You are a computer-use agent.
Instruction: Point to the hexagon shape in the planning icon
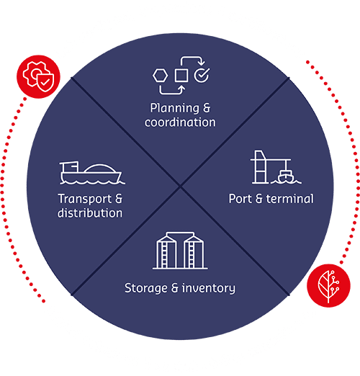tap(160, 75)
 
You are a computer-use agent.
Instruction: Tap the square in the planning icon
tap(181, 75)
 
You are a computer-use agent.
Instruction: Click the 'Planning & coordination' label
tap(180, 115)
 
